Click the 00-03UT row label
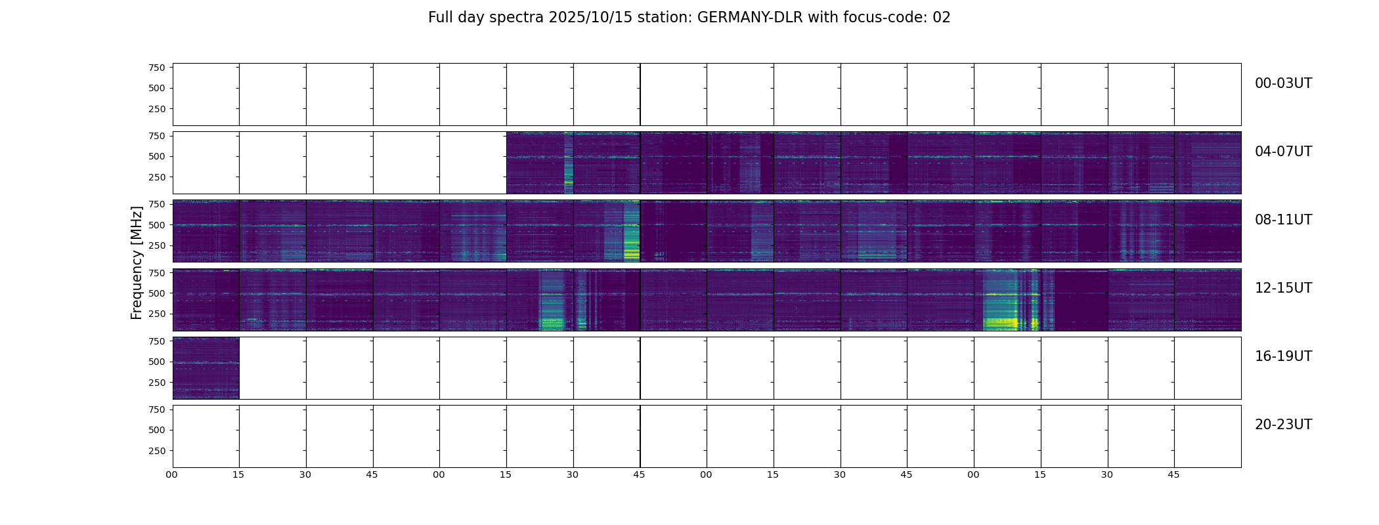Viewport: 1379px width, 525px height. pyautogui.click(x=1283, y=83)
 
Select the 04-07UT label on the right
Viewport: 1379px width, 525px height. pyautogui.click(x=1283, y=152)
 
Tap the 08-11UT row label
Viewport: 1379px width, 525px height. pyautogui.click(x=1283, y=220)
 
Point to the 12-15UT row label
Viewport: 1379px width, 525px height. pyautogui.click(x=1283, y=288)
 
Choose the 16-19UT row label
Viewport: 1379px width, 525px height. pyautogui.click(x=1283, y=356)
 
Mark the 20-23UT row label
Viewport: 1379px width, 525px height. pyautogui.click(x=1283, y=425)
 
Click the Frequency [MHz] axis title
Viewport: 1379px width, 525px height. pyautogui.click(x=137, y=262)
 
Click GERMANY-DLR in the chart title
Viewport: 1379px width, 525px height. pyautogui.click(x=750, y=18)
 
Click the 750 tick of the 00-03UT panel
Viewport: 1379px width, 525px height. pyautogui.click(x=156, y=68)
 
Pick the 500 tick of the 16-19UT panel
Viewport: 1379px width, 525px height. pyautogui.click(x=156, y=362)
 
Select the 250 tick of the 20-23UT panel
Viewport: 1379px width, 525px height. pyautogui.click(x=156, y=451)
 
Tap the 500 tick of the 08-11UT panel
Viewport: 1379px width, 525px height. pyautogui.click(x=156, y=225)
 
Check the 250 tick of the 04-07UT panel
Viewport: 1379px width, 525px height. pyautogui.click(x=156, y=177)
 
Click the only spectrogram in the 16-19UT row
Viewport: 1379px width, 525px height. pyautogui.click(x=206, y=368)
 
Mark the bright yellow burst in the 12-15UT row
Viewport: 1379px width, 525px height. pyautogui.click(x=1001, y=322)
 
